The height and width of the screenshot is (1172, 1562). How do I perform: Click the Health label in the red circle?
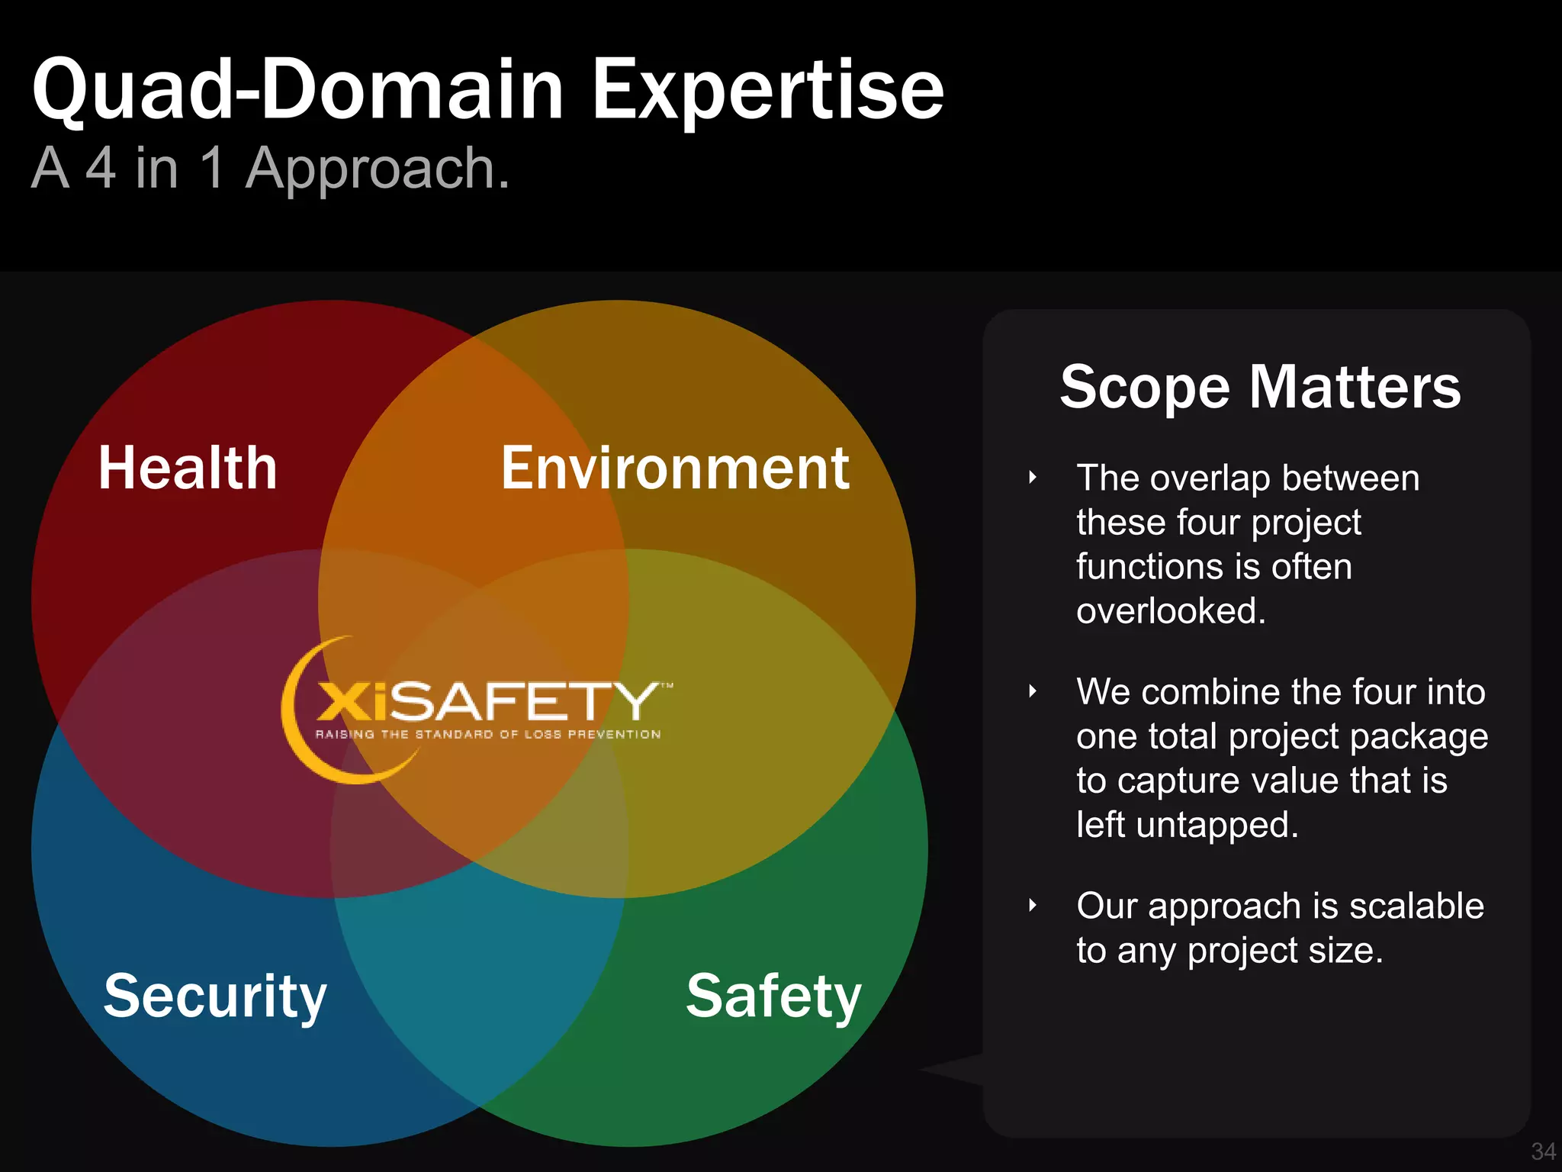(188, 468)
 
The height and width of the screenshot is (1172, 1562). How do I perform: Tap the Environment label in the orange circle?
(674, 468)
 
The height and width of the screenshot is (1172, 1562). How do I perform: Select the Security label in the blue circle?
(215, 996)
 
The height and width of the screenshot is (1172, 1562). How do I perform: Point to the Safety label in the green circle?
(773, 996)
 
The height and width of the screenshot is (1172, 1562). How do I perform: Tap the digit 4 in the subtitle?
(101, 168)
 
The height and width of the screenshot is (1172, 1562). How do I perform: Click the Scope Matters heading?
(1260, 387)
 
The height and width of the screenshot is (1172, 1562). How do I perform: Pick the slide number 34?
(1543, 1151)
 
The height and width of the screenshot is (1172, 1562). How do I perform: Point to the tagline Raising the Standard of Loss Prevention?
(488, 735)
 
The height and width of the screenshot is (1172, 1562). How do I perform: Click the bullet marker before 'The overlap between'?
(1032, 478)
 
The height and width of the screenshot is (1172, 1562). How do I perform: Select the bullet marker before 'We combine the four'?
(1032, 692)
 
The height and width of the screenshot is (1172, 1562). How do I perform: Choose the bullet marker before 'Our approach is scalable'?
(1032, 906)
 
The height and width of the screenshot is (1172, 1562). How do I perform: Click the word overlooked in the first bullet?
(1170, 611)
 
